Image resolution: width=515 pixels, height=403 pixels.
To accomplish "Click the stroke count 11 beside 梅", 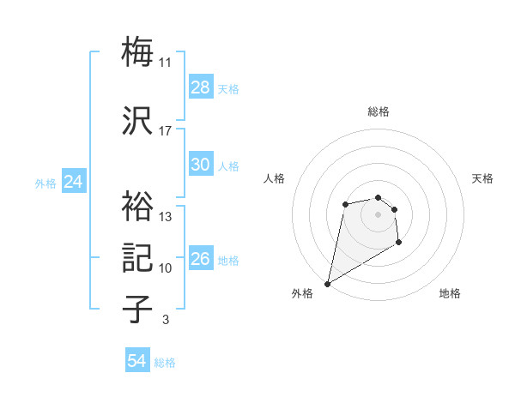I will tap(166, 63).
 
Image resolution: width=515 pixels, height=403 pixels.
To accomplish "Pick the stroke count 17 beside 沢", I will tap(166, 131).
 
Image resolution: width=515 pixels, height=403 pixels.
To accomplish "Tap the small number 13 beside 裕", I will tap(166, 217).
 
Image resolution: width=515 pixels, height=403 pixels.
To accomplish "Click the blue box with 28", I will tap(201, 87).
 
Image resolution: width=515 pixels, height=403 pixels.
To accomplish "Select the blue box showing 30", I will tap(201, 165).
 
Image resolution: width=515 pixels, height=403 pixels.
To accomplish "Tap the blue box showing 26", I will tap(201, 259).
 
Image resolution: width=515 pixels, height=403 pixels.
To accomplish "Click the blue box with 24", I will tap(74, 182).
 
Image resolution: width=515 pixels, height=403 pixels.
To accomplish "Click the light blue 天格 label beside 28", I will tap(228, 89).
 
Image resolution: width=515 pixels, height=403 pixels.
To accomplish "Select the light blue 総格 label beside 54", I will tap(165, 364).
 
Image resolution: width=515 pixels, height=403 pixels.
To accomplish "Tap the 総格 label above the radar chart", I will tap(379, 111).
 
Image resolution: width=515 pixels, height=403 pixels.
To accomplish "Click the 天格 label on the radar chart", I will tap(482, 178).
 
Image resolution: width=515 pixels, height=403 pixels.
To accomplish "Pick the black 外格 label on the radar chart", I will tap(302, 293).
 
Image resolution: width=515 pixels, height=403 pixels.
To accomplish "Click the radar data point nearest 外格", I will tap(327, 283).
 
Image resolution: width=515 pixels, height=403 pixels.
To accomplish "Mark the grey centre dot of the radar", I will tap(378, 214).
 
